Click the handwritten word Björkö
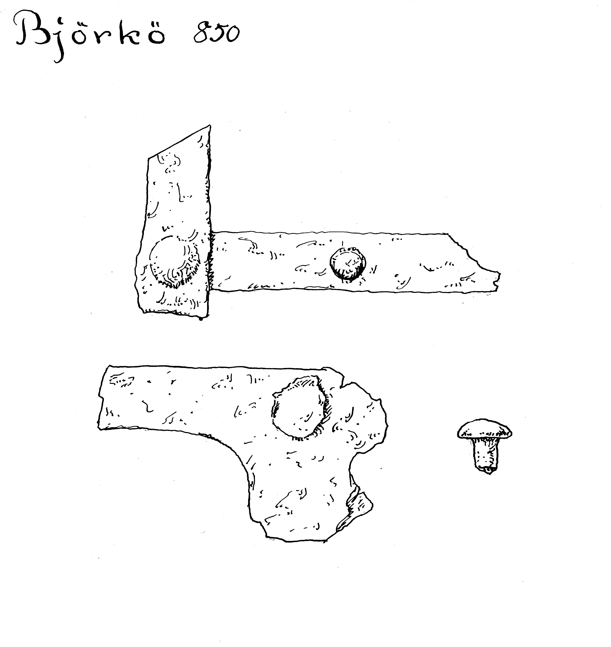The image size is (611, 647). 90,36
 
